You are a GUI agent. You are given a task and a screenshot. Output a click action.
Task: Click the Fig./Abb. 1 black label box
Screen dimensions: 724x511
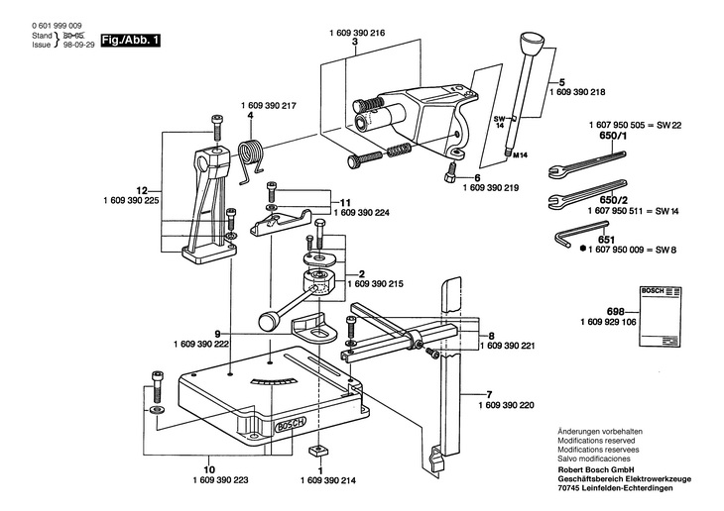coord(130,41)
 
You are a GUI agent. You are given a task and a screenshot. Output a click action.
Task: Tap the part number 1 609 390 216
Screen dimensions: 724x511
coord(357,33)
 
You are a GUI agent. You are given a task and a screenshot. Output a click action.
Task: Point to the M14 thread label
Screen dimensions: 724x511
coord(521,155)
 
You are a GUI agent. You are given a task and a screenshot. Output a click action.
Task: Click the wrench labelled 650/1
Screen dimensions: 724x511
coord(586,164)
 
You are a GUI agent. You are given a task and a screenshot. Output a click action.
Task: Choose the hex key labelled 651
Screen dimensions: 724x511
coord(581,235)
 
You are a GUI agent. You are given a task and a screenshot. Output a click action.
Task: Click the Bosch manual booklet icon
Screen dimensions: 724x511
coord(661,316)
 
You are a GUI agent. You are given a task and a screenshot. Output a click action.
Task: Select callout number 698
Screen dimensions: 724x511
coord(616,311)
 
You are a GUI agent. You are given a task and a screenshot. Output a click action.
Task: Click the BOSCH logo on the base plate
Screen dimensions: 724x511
coord(291,425)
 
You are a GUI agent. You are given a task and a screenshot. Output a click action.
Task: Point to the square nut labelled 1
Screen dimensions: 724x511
coord(318,451)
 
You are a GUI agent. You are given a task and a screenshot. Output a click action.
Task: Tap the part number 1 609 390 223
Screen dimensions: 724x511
coord(220,480)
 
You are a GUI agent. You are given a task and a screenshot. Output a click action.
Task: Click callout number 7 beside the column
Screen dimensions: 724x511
coord(489,395)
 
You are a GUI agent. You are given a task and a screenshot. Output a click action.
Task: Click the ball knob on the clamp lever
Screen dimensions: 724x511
coord(267,321)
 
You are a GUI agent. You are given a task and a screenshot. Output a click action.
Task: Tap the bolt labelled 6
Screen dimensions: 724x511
coord(450,173)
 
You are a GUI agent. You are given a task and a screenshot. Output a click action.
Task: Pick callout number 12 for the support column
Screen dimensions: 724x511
coord(142,190)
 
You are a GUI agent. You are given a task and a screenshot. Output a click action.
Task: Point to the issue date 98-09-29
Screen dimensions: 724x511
coord(78,45)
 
